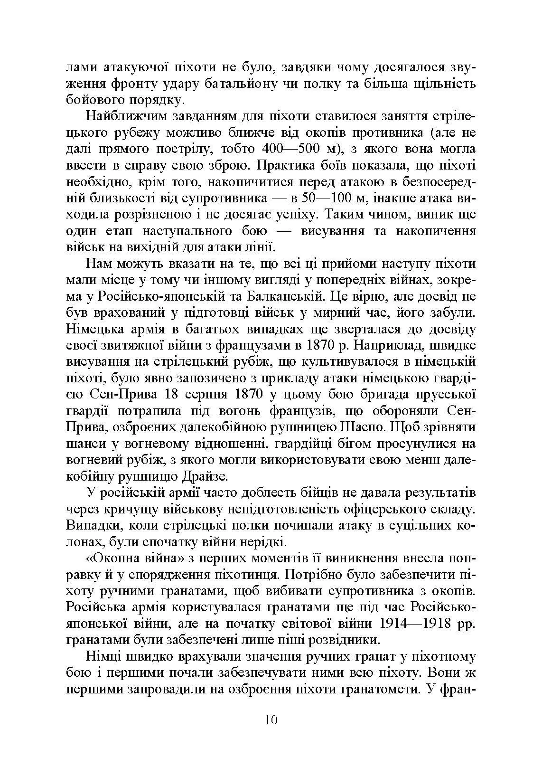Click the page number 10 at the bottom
click(271, 719)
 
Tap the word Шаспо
click(363, 426)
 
